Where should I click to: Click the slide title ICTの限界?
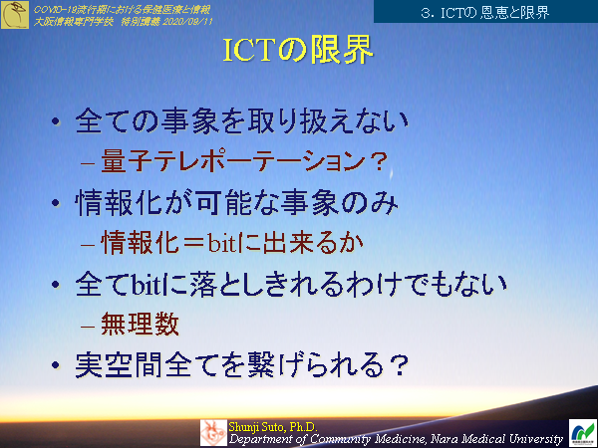(x=299, y=52)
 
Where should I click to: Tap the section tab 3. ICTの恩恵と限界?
(x=485, y=13)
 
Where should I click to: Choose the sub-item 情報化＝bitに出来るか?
(x=233, y=242)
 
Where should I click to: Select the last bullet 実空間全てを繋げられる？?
(x=244, y=364)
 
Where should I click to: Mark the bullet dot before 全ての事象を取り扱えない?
(x=56, y=125)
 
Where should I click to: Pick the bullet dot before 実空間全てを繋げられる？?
(x=56, y=366)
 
